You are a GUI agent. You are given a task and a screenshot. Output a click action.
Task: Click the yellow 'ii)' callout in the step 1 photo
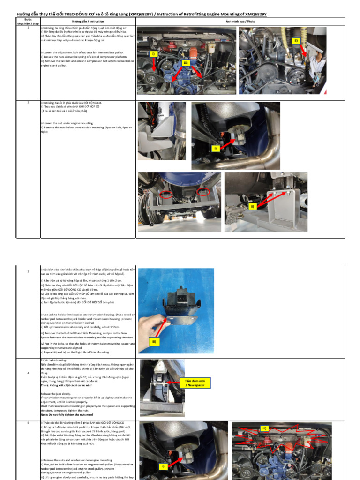point(296,41)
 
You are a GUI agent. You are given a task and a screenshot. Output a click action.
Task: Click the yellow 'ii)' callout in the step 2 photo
point(252,206)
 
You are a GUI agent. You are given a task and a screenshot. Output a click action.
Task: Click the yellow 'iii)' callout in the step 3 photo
point(154,342)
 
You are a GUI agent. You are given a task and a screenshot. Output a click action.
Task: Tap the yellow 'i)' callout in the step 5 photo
point(163,466)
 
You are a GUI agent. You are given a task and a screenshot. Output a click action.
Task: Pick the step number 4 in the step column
point(29,373)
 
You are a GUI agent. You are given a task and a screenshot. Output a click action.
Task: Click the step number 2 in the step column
point(29,102)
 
